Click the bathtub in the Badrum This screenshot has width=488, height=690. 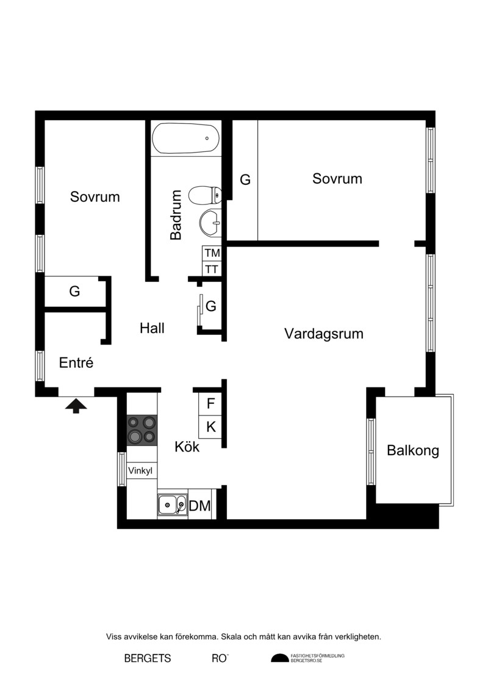185,138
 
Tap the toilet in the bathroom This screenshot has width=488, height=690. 205,195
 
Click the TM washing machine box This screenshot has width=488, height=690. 212,253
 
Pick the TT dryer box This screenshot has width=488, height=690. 212,269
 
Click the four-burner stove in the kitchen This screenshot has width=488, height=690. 142,430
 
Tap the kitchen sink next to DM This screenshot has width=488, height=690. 173,505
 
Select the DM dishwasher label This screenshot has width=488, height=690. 200,506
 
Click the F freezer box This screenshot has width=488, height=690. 210,403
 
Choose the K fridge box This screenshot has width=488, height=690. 210,426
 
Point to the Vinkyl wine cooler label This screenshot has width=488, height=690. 140,471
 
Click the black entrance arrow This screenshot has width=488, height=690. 76,406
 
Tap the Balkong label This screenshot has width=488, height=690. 413,451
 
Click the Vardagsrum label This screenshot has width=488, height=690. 324,334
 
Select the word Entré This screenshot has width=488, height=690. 76,362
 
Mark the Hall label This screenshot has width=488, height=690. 152,328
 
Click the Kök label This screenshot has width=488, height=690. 187,446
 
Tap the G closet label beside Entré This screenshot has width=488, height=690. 74,292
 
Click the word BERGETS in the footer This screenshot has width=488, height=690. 148,658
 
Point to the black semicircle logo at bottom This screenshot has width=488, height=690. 279,658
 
